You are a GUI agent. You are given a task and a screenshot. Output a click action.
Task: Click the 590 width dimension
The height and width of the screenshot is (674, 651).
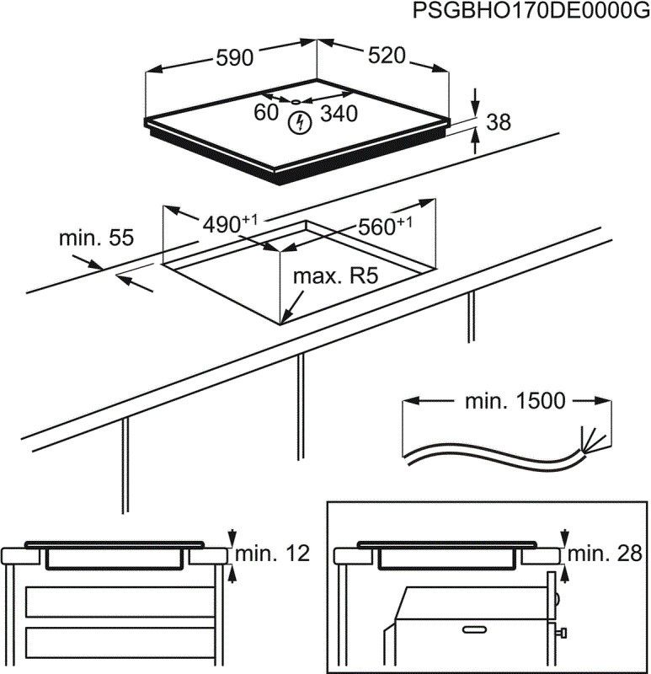coord(235,57)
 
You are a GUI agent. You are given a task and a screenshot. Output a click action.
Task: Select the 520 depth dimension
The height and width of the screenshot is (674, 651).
coord(387,56)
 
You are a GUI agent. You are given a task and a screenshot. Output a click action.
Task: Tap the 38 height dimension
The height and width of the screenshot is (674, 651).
coord(499,122)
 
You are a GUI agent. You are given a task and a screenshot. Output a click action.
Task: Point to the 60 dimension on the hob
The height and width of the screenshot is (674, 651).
coord(266,112)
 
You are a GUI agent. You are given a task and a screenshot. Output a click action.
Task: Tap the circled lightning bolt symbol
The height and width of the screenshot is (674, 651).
coord(298,124)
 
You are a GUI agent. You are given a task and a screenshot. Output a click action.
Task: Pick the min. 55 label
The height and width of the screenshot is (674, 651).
coord(96,238)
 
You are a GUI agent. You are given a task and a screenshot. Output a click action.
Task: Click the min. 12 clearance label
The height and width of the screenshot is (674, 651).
coord(272,554)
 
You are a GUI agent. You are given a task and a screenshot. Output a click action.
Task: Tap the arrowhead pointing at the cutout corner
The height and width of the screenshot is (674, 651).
coord(285,318)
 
